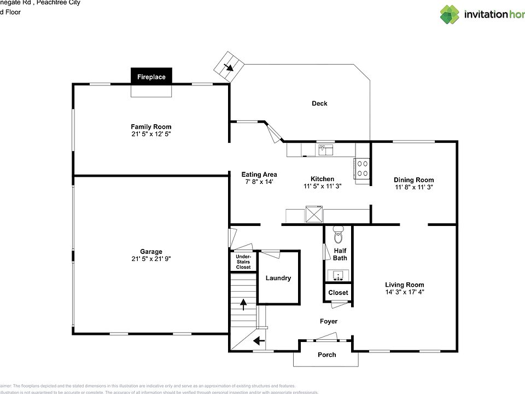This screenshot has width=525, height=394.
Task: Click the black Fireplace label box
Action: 151,77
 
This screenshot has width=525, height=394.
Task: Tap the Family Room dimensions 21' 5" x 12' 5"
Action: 151,134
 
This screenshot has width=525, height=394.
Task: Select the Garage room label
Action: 151,252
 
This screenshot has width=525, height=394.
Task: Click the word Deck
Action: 319,103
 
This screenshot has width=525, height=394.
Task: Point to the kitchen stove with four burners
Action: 362,168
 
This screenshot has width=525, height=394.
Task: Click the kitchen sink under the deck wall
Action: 326,149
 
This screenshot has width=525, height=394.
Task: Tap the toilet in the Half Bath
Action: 338,237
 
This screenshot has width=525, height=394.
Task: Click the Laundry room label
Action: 278,278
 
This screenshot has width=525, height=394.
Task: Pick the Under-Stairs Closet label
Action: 243,262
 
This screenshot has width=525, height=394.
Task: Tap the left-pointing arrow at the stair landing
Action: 259,341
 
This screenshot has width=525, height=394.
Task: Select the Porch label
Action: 327,355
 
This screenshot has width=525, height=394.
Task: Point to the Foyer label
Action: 329,321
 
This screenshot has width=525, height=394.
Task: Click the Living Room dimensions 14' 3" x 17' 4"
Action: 405,292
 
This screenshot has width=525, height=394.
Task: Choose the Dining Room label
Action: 414,179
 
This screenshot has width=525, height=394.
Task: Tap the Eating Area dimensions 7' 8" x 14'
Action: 259,182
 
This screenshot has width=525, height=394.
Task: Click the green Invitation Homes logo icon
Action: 450,15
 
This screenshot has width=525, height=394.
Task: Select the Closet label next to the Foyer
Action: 338,293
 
